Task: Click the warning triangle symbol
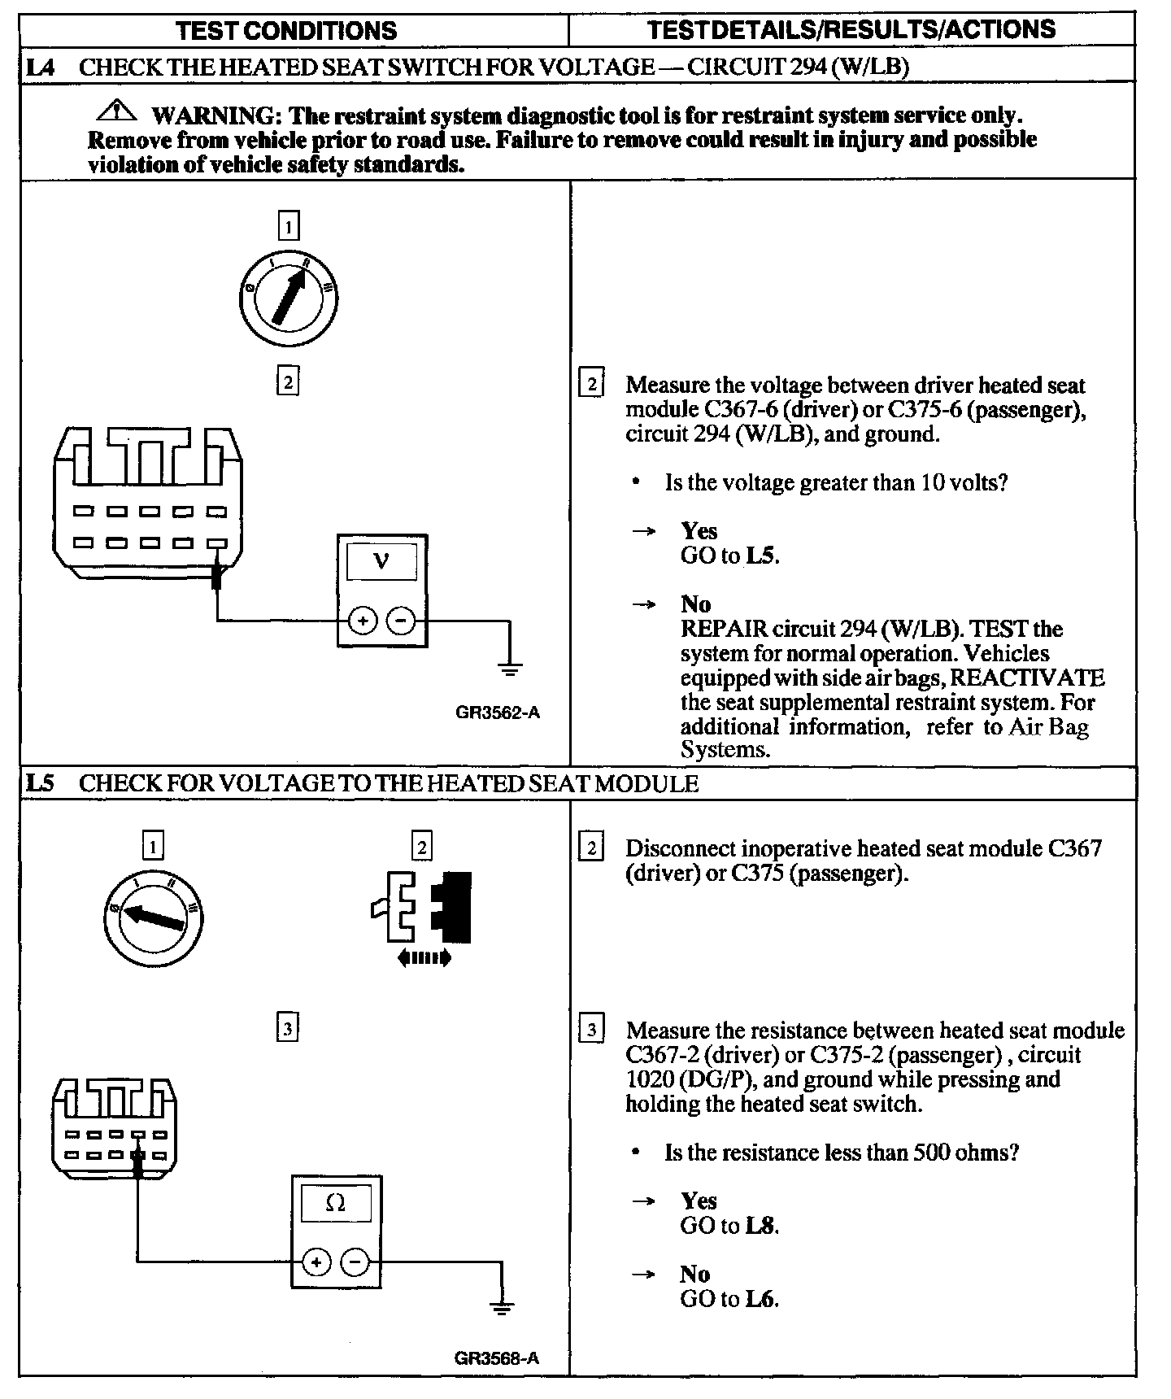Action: pyautogui.click(x=120, y=109)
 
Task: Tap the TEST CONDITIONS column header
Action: pyautogui.click(x=286, y=31)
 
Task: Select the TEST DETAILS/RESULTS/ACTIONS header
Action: pyautogui.click(x=851, y=30)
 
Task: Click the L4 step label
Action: pyautogui.click(x=40, y=67)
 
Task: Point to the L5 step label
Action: pyautogui.click(x=40, y=783)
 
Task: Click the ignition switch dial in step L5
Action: pyautogui.click(x=153, y=917)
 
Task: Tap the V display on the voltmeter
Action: pyautogui.click(x=381, y=561)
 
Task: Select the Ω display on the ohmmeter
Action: pyautogui.click(x=335, y=1203)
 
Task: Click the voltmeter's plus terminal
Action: pyautogui.click(x=362, y=621)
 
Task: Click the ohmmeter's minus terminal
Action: pyautogui.click(x=355, y=1262)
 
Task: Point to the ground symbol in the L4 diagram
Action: pyautogui.click(x=510, y=670)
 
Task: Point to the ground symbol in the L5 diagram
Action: pyautogui.click(x=502, y=1309)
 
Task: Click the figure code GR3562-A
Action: pyautogui.click(x=497, y=713)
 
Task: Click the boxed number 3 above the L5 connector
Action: pyautogui.click(x=286, y=1029)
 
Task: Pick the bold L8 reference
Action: pyautogui.click(x=760, y=1225)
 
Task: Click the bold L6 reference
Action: pyautogui.click(x=760, y=1299)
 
